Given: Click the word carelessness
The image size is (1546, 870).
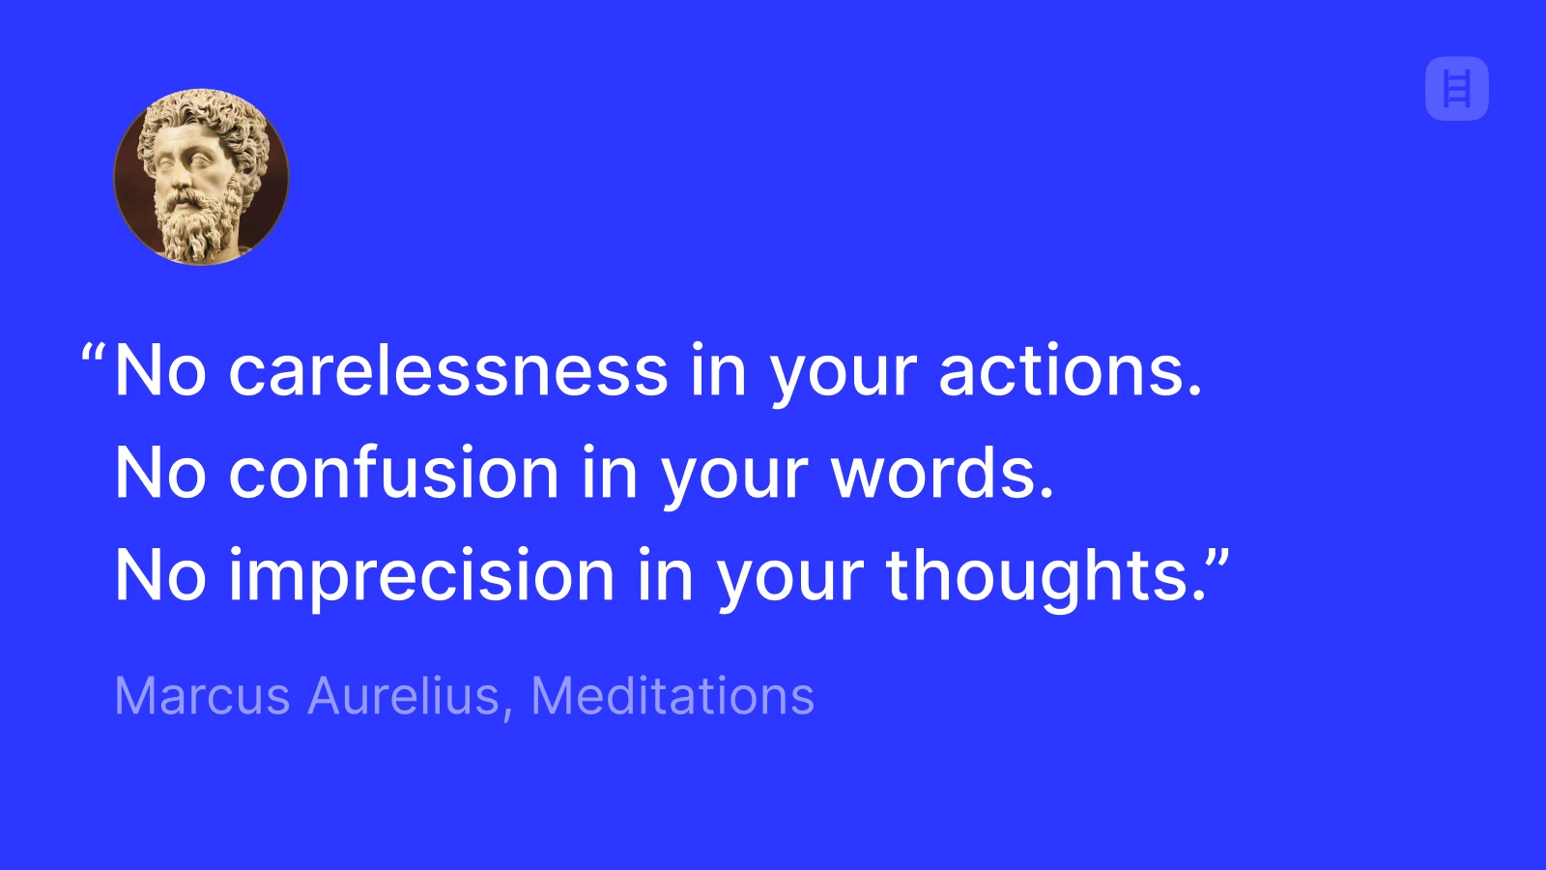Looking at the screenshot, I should (448, 371).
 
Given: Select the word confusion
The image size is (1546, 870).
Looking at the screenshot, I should (394, 474).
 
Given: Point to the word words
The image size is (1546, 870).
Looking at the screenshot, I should (942, 474).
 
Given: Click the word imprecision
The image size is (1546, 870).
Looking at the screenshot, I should (421, 576).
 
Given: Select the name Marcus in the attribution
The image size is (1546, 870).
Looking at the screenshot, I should (202, 696).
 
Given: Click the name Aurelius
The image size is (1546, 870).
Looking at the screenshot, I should (403, 696).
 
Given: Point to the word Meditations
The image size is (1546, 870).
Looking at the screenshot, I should (673, 696).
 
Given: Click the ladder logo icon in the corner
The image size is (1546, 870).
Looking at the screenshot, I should (1456, 90).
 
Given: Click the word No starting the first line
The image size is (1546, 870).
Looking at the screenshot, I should (160, 371).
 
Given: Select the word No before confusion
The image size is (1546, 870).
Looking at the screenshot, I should (160, 474).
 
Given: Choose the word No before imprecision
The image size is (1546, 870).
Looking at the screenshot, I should (160, 576).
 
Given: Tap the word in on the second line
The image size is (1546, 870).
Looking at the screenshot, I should (610, 474).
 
